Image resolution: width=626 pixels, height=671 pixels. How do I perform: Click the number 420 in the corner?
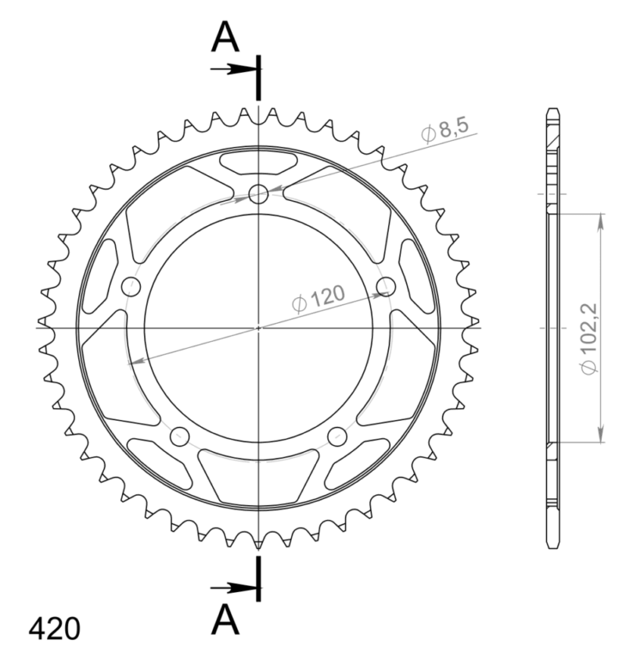pyautogui.click(x=54, y=628)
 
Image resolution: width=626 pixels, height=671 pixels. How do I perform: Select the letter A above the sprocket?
pyautogui.click(x=225, y=37)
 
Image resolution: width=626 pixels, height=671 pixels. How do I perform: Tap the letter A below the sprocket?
pyautogui.click(x=225, y=621)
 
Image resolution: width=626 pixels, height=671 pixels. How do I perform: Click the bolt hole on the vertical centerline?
pyautogui.click(x=258, y=194)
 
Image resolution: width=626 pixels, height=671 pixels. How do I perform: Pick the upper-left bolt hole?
pyautogui.click(x=131, y=287)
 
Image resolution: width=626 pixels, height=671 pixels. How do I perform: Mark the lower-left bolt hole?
pyautogui.click(x=179, y=436)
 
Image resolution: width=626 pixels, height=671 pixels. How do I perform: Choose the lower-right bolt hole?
pyautogui.click(x=337, y=436)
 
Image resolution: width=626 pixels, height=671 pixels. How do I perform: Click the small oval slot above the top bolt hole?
pyautogui.click(x=258, y=163)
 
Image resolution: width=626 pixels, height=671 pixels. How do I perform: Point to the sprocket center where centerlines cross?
pyautogui.click(x=258, y=328)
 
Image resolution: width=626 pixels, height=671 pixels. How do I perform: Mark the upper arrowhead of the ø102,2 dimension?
pyautogui.click(x=600, y=218)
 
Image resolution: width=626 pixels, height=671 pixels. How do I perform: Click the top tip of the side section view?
pyautogui.click(x=553, y=109)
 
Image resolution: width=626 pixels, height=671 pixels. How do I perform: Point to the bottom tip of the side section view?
pyautogui.click(x=553, y=547)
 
